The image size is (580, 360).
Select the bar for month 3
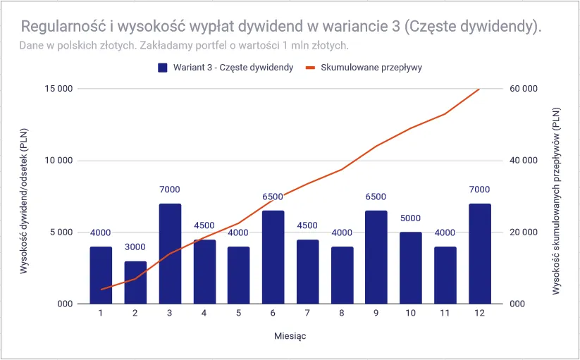pyautogui.click(x=170, y=254)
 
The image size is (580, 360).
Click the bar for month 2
pyautogui.click(x=135, y=283)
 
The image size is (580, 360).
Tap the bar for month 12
pyautogui.click(x=479, y=254)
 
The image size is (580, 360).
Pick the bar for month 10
pyautogui.click(x=411, y=268)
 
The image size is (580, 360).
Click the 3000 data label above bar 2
pyautogui.click(x=135, y=247)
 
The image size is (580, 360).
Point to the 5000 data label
pyautogui.click(x=411, y=218)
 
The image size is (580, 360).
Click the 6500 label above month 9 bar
pyautogui.click(x=376, y=197)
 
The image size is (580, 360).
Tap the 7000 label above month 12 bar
pyautogui.click(x=479, y=190)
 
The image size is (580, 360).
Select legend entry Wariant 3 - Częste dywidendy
pyautogui.click(x=225, y=68)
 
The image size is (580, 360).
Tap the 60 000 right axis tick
pyautogui.click(x=524, y=89)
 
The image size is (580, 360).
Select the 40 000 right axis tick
pyautogui.click(x=524, y=161)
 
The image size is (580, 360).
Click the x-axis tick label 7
pyautogui.click(x=307, y=312)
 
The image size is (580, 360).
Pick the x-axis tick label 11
pyautogui.click(x=445, y=312)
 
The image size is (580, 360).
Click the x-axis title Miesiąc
pyautogui.click(x=290, y=335)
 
